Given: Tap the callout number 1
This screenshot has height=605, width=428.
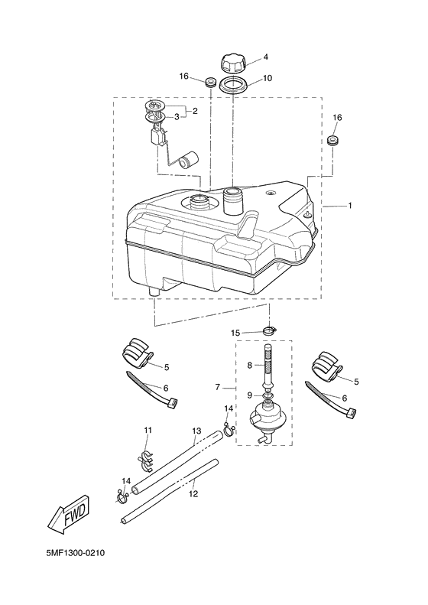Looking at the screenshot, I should pos(349,207).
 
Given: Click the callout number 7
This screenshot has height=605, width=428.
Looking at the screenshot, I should pos(219,389).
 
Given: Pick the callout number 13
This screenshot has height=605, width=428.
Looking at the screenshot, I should pos(196,432).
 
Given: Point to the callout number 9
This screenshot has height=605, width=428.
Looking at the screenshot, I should pos(248,395).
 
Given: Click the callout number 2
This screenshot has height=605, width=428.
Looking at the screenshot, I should pos(195,112).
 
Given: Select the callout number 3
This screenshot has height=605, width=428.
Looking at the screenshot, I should pos(177,116).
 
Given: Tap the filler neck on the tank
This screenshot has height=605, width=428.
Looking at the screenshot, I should pos(233,201).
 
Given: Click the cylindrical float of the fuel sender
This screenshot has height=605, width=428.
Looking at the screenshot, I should pos(187,161).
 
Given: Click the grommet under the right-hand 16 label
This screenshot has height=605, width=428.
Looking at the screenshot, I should pos(334,142).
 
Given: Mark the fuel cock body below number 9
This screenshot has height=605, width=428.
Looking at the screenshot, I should pos(267,419).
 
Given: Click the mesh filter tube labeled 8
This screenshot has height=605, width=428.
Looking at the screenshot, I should pos(267,366).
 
